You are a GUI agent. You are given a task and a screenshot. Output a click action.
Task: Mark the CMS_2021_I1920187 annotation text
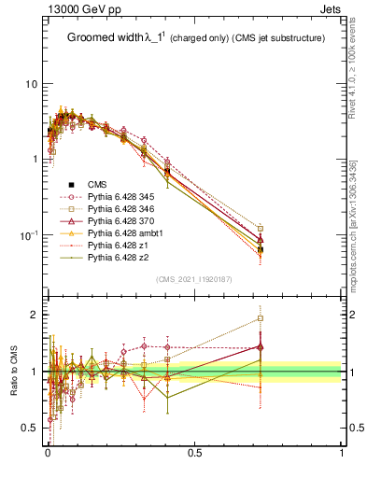193,279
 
